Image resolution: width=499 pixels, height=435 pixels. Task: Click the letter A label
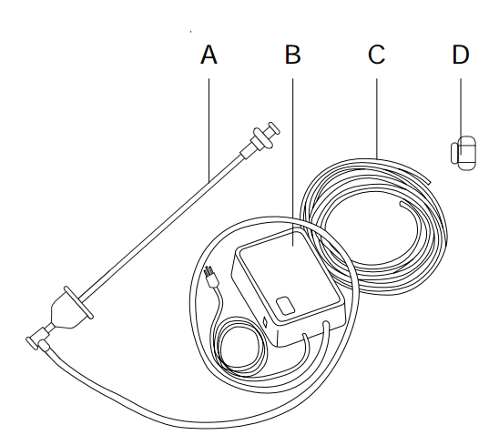click(209, 55)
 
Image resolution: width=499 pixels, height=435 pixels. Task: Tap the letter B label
click(293, 55)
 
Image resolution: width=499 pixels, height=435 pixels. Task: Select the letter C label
click(376, 55)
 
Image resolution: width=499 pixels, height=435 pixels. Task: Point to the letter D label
click(461, 55)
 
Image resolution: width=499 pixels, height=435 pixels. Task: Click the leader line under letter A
click(209, 130)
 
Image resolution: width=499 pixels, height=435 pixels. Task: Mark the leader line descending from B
click(293, 162)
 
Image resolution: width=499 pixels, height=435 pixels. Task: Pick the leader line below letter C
click(377, 118)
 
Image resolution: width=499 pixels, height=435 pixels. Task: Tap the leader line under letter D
click(461, 116)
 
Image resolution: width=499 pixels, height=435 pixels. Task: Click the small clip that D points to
click(463, 153)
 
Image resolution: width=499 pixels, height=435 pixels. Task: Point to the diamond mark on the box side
click(264, 322)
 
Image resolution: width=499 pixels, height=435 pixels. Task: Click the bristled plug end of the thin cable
click(211, 277)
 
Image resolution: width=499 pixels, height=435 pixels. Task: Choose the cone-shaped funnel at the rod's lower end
click(66, 312)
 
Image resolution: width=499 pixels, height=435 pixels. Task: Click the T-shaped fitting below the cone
click(38, 339)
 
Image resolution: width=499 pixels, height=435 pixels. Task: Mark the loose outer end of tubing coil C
click(429, 182)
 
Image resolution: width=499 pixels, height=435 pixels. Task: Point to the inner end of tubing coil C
click(402, 203)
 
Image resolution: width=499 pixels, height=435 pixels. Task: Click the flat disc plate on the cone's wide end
click(78, 302)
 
